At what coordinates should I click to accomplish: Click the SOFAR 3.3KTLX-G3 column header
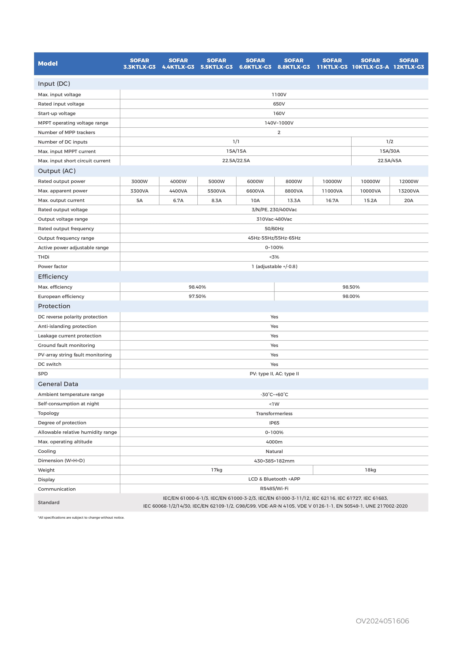click(x=139, y=64)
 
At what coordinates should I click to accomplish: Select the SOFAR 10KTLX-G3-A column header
click(x=370, y=64)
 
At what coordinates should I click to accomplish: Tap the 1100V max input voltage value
click(x=279, y=95)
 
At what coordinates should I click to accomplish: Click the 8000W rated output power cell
click(x=294, y=181)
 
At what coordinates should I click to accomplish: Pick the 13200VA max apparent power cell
click(x=409, y=191)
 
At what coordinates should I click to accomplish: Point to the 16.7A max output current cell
click(x=332, y=201)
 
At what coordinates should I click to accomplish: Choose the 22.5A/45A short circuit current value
click(x=389, y=161)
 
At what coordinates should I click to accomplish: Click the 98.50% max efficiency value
click(x=351, y=287)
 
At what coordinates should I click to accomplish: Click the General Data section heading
click(x=58, y=384)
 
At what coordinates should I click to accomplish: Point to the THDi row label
click(x=44, y=257)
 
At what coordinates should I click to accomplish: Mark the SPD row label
click(x=43, y=374)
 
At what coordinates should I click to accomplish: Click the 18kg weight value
click(x=370, y=470)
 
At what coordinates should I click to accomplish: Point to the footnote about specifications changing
click(x=81, y=518)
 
